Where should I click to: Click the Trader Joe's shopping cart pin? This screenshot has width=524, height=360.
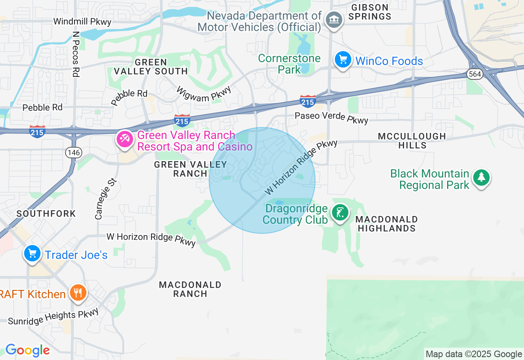click(x=32, y=254)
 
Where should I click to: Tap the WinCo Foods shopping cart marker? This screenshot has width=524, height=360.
click(x=343, y=60)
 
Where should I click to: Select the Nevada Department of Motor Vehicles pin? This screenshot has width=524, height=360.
click(x=334, y=19)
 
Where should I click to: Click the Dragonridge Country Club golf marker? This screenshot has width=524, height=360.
click(x=340, y=213)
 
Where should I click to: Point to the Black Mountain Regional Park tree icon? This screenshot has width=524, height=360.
click(x=481, y=178)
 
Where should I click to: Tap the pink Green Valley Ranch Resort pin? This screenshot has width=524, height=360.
click(x=124, y=139)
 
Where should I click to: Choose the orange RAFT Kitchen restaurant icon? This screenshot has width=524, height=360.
click(x=78, y=293)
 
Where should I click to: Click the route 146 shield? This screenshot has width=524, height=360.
click(x=74, y=153)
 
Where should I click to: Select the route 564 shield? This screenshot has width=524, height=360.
click(x=475, y=74)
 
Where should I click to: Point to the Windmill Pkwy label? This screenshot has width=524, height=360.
click(x=82, y=22)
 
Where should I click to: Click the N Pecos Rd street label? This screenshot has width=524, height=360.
click(x=76, y=54)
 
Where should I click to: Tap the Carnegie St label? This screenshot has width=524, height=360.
click(x=106, y=198)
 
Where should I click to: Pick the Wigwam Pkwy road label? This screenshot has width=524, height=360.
click(x=204, y=94)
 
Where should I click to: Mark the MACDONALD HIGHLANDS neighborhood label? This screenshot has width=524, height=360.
click(x=386, y=224)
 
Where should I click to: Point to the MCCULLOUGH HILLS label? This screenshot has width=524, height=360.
click(x=412, y=141)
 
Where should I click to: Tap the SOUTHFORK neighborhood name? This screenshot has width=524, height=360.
click(x=46, y=214)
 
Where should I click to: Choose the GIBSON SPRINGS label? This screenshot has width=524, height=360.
click(x=370, y=12)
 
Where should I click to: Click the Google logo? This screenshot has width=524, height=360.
click(x=27, y=350)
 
